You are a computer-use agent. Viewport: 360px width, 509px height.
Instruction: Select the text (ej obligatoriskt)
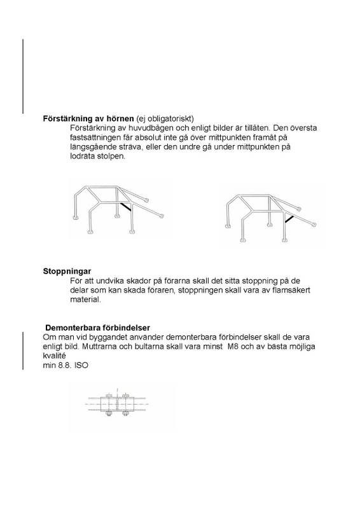[164, 119]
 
